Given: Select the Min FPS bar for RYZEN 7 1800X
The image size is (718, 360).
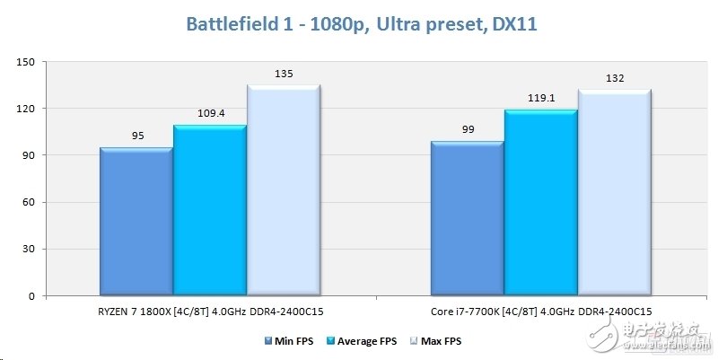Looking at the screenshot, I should click(136, 222).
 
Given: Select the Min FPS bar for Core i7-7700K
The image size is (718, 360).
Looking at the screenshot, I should click(467, 219).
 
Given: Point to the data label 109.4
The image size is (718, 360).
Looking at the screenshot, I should click(210, 115).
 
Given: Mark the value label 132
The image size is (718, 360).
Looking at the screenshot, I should click(614, 79).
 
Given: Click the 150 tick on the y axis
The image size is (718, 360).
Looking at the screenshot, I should click(24, 62).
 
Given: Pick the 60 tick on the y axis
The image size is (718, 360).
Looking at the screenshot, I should click(27, 202).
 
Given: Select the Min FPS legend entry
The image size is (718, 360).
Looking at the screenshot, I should click(292, 341).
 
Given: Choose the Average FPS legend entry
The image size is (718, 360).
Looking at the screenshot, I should click(361, 341).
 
